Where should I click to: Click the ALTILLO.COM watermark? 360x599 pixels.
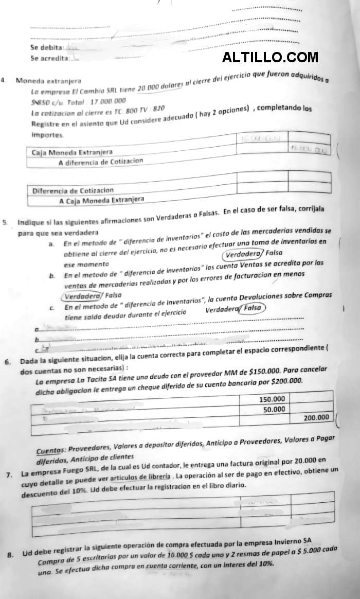pyautogui.click(x=270, y=58)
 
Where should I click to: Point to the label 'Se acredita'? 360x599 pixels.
pyautogui.click(x=49, y=58)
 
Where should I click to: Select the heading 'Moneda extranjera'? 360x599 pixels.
pyautogui.click(x=47, y=81)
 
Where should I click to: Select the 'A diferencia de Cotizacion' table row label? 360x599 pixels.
pyautogui.click(x=100, y=162)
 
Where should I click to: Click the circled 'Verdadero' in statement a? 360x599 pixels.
pyautogui.click(x=243, y=254)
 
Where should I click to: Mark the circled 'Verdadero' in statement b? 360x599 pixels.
pyautogui.click(x=82, y=295)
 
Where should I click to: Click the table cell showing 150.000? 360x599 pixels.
pyautogui.click(x=272, y=399)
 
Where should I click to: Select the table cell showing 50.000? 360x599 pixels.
pyautogui.click(x=274, y=409)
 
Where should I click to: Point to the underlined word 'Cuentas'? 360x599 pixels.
pyautogui.click(x=53, y=447)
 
